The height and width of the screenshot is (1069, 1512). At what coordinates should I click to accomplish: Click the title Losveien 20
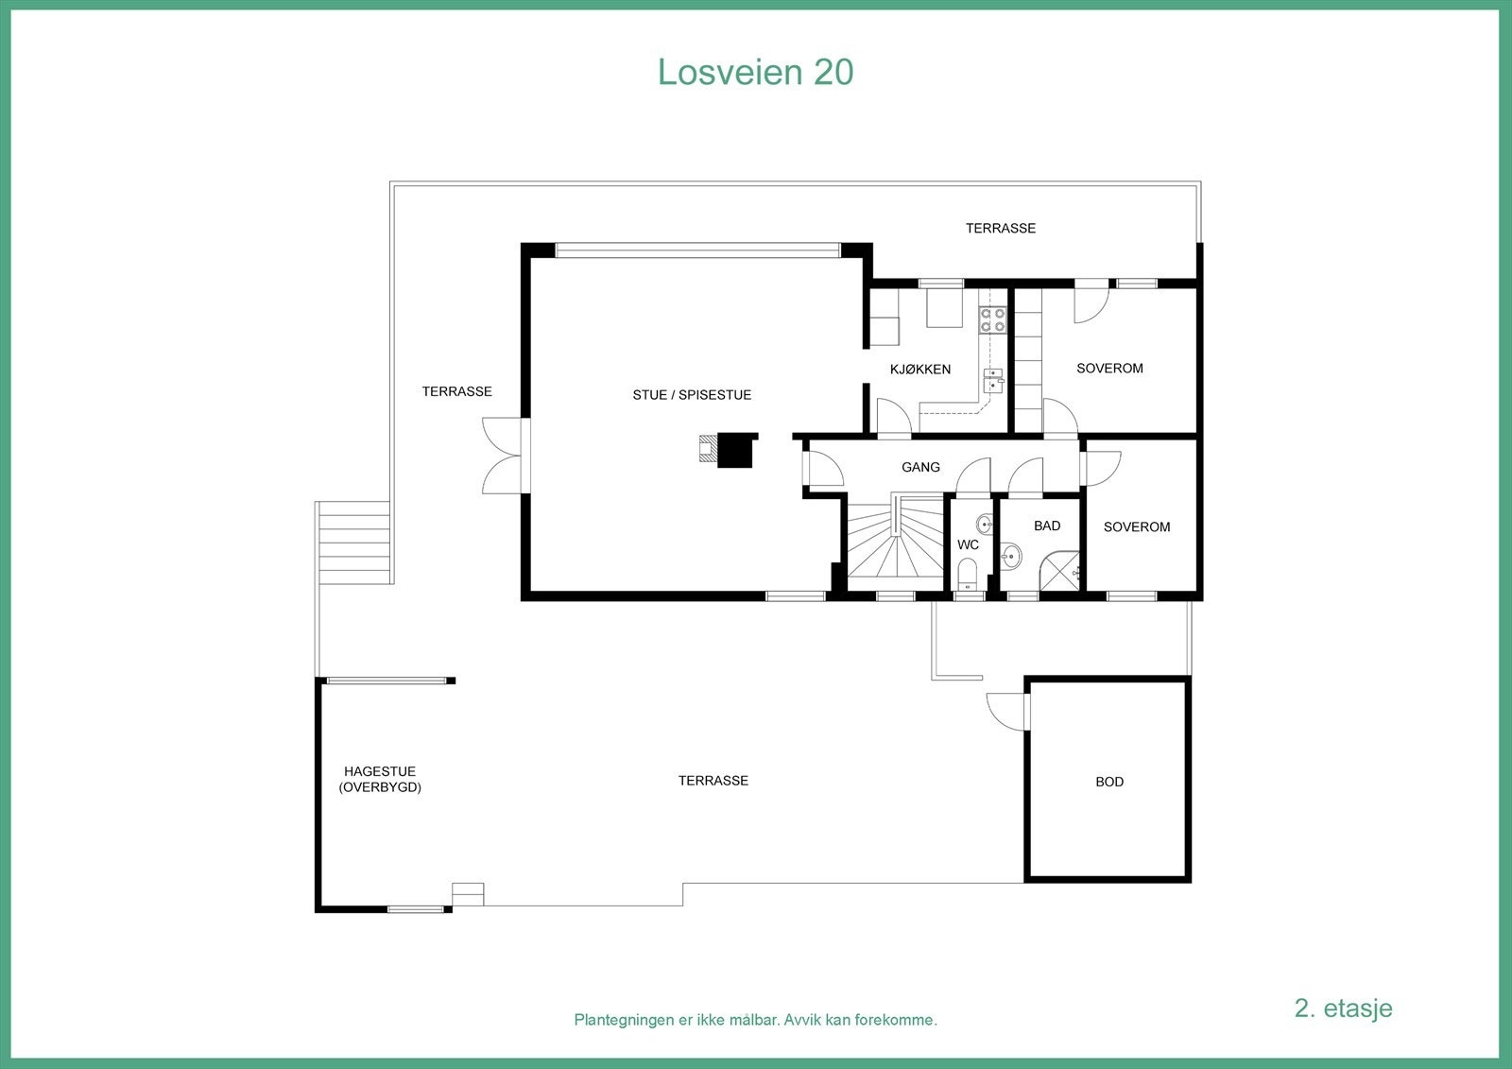click(x=755, y=72)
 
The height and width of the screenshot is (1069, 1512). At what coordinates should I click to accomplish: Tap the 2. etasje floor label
click(x=1343, y=1008)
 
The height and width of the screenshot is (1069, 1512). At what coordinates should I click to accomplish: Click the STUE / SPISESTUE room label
click(x=692, y=395)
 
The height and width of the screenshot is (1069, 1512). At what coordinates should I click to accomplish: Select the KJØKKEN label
click(x=919, y=370)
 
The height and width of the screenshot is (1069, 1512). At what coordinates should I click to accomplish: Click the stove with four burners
click(x=992, y=319)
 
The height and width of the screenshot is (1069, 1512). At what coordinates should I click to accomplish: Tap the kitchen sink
click(x=993, y=380)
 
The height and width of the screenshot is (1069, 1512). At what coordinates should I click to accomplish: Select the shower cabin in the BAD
click(x=1060, y=572)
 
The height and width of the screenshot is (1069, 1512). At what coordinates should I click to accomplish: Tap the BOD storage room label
click(x=1109, y=782)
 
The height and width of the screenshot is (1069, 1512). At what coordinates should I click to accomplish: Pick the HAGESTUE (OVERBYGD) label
click(x=380, y=780)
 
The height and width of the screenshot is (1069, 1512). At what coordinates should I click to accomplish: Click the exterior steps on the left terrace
click(x=354, y=543)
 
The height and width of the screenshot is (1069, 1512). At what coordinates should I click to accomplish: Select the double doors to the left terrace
click(x=505, y=456)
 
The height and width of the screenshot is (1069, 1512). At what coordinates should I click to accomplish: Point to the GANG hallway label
click(x=920, y=467)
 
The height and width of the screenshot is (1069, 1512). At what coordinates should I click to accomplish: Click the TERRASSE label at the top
click(x=1000, y=228)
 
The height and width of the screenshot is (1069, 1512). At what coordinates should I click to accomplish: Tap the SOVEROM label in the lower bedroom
click(x=1136, y=527)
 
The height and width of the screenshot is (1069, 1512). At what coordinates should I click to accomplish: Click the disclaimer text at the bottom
click(x=755, y=1020)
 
